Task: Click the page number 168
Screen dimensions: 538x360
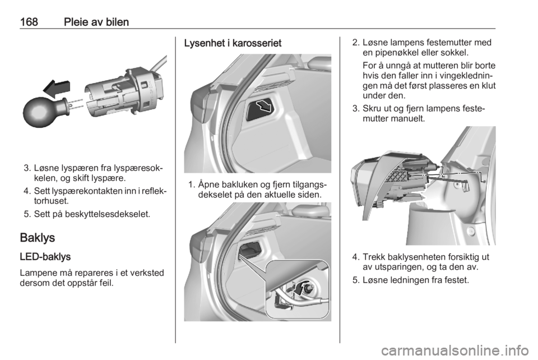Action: click(x=29, y=22)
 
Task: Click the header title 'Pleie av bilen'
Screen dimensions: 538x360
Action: click(x=96, y=22)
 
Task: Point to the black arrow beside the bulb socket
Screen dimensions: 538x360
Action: click(x=57, y=89)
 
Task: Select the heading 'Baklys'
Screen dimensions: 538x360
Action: click(x=38, y=238)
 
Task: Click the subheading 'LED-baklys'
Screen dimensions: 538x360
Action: click(x=45, y=257)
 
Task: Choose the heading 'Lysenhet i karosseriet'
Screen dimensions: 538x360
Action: click(x=233, y=43)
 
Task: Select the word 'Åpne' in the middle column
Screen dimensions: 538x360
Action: click(x=208, y=184)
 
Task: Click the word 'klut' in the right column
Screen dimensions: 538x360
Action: click(x=488, y=85)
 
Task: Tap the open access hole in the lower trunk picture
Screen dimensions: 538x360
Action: click(x=249, y=250)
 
